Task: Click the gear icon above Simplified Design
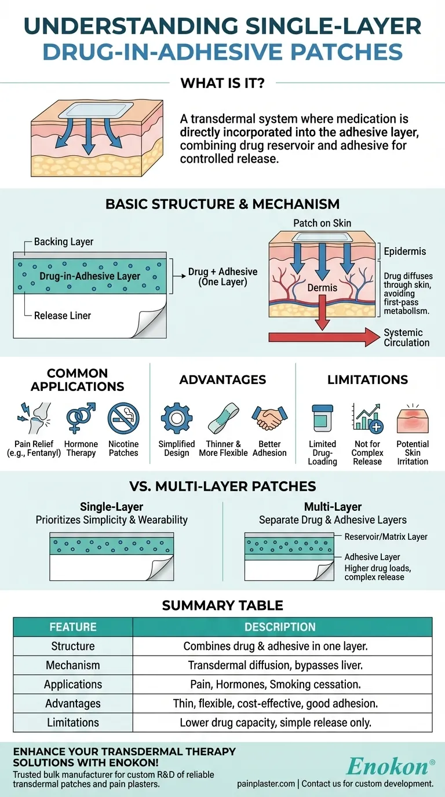pyautogui.click(x=176, y=419)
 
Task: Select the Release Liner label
pyautogui.click(x=63, y=316)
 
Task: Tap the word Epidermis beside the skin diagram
pyautogui.click(x=405, y=251)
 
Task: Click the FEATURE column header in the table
pyautogui.click(x=73, y=627)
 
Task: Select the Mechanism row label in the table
pyautogui.click(x=73, y=665)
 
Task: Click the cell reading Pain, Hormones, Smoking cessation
pyautogui.click(x=275, y=684)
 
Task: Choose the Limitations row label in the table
pyautogui.click(x=73, y=722)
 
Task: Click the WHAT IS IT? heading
pyautogui.click(x=222, y=83)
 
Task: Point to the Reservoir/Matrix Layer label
pyautogui.click(x=386, y=537)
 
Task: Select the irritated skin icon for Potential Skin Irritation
pyautogui.click(x=413, y=419)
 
